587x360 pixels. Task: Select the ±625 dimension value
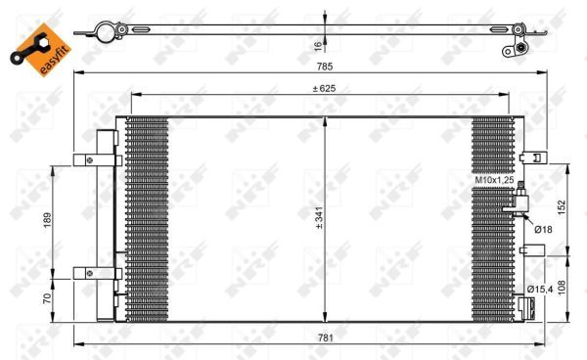point(322,88)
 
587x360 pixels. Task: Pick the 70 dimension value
point(47,299)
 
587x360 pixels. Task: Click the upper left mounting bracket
point(98,160)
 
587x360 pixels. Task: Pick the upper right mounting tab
point(533,157)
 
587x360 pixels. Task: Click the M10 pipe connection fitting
point(519,202)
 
